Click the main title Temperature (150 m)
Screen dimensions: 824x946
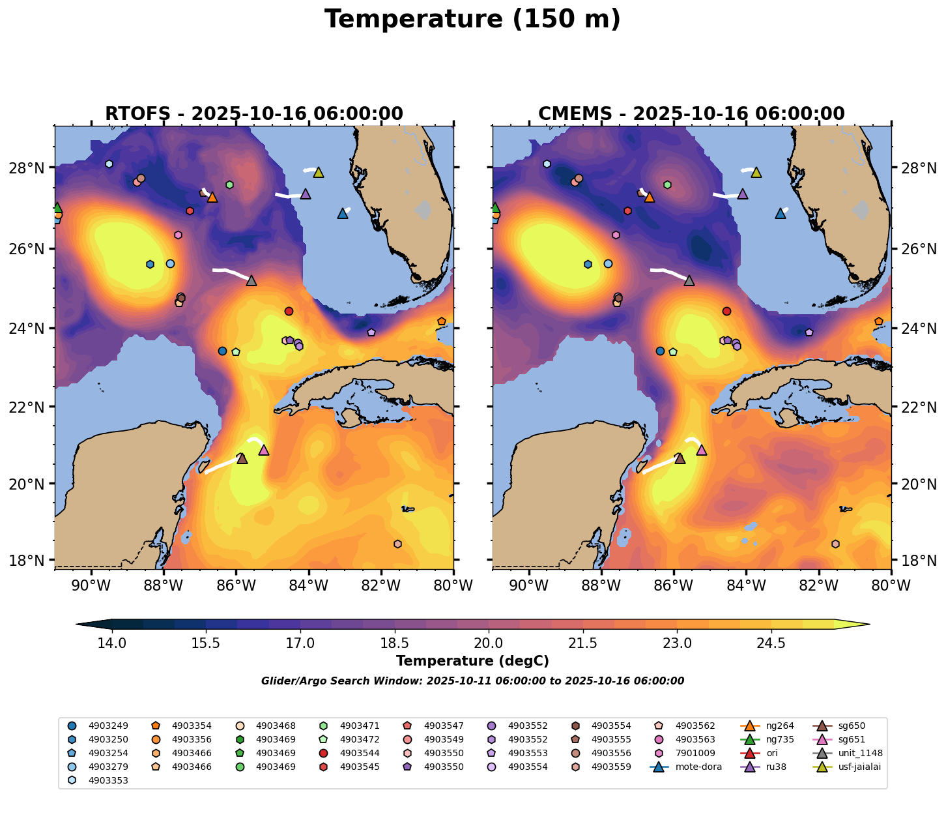tap(472, 20)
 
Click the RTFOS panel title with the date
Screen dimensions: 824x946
tap(254, 114)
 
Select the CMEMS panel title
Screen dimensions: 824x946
tap(691, 114)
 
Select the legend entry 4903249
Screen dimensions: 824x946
tap(107, 726)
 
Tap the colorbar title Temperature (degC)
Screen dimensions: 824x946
tap(472, 661)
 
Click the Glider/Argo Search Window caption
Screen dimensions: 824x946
tap(472, 681)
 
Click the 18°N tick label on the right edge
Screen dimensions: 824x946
tap(919, 561)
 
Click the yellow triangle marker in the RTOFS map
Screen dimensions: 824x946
tap(319, 172)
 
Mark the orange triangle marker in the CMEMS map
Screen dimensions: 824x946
tap(649, 197)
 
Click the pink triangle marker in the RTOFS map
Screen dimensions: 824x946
tap(264, 450)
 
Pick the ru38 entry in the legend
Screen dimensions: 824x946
tap(776, 767)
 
